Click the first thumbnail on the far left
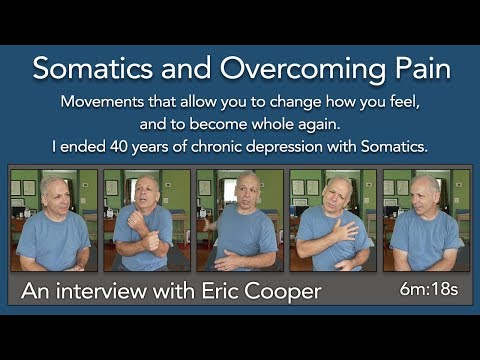53,220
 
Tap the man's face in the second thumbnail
147,192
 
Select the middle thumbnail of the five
239,220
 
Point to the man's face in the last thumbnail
426,191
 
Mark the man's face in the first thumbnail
56,192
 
